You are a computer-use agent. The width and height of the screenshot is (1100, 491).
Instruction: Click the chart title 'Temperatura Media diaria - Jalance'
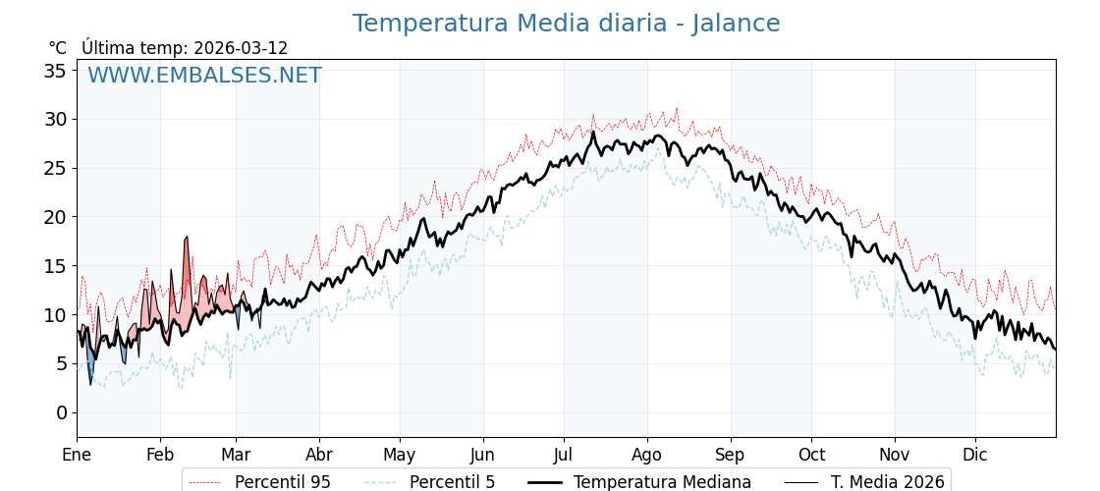[x=566, y=24]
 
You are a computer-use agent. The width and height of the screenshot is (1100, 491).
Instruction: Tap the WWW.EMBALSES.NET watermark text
[x=204, y=76]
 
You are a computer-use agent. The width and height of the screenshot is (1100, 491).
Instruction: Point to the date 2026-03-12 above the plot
[x=241, y=48]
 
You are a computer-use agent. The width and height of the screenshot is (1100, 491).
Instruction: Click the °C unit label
[x=57, y=48]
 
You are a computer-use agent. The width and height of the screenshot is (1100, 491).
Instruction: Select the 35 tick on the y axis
[x=55, y=71]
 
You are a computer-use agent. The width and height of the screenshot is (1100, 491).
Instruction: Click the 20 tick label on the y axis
[x=55, y=217]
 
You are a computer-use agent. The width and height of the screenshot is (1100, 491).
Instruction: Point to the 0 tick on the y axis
[x=61, y=412]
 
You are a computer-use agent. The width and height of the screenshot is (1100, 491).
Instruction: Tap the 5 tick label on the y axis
[x=61, y=363]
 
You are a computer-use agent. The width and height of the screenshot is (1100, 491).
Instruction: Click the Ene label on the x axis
[x=77, y=455]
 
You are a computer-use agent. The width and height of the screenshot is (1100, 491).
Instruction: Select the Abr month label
[x=319, y=455]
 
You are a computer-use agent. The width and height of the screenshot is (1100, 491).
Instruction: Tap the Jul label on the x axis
[x=564, y=455]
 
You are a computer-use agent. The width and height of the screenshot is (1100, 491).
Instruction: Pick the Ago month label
[x=646, y=455]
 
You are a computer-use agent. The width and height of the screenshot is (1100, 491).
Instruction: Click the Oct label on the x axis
[x=811, y=455]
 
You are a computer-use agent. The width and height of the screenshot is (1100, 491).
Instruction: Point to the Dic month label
[x=975, y=455]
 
